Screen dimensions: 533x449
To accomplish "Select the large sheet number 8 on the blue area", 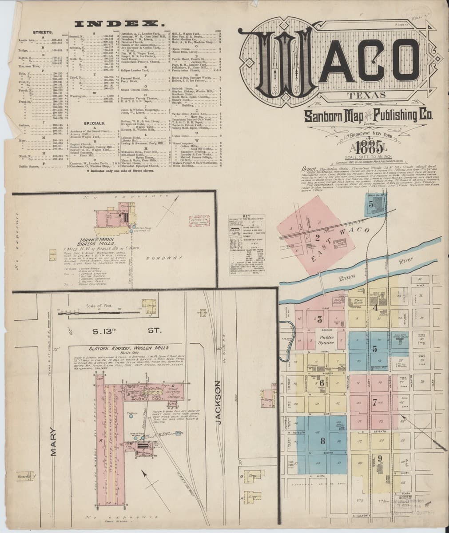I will (322, 441).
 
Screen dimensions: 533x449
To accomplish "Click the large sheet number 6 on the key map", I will (321, 384).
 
